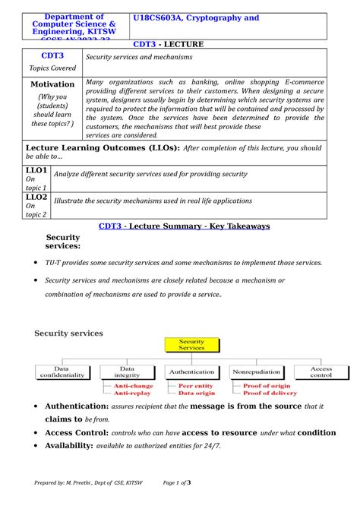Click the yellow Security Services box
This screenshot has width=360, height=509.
191,346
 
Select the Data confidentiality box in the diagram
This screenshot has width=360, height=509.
63,372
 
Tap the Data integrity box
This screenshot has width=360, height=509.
127,372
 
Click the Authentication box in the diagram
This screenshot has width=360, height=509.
191,372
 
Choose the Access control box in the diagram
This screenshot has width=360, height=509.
321,372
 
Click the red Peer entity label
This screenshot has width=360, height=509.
195,386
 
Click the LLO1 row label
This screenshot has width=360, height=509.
36,170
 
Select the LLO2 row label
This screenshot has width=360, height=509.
36,197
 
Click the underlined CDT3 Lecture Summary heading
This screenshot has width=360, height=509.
185,226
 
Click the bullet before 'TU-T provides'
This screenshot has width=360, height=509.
37,263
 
